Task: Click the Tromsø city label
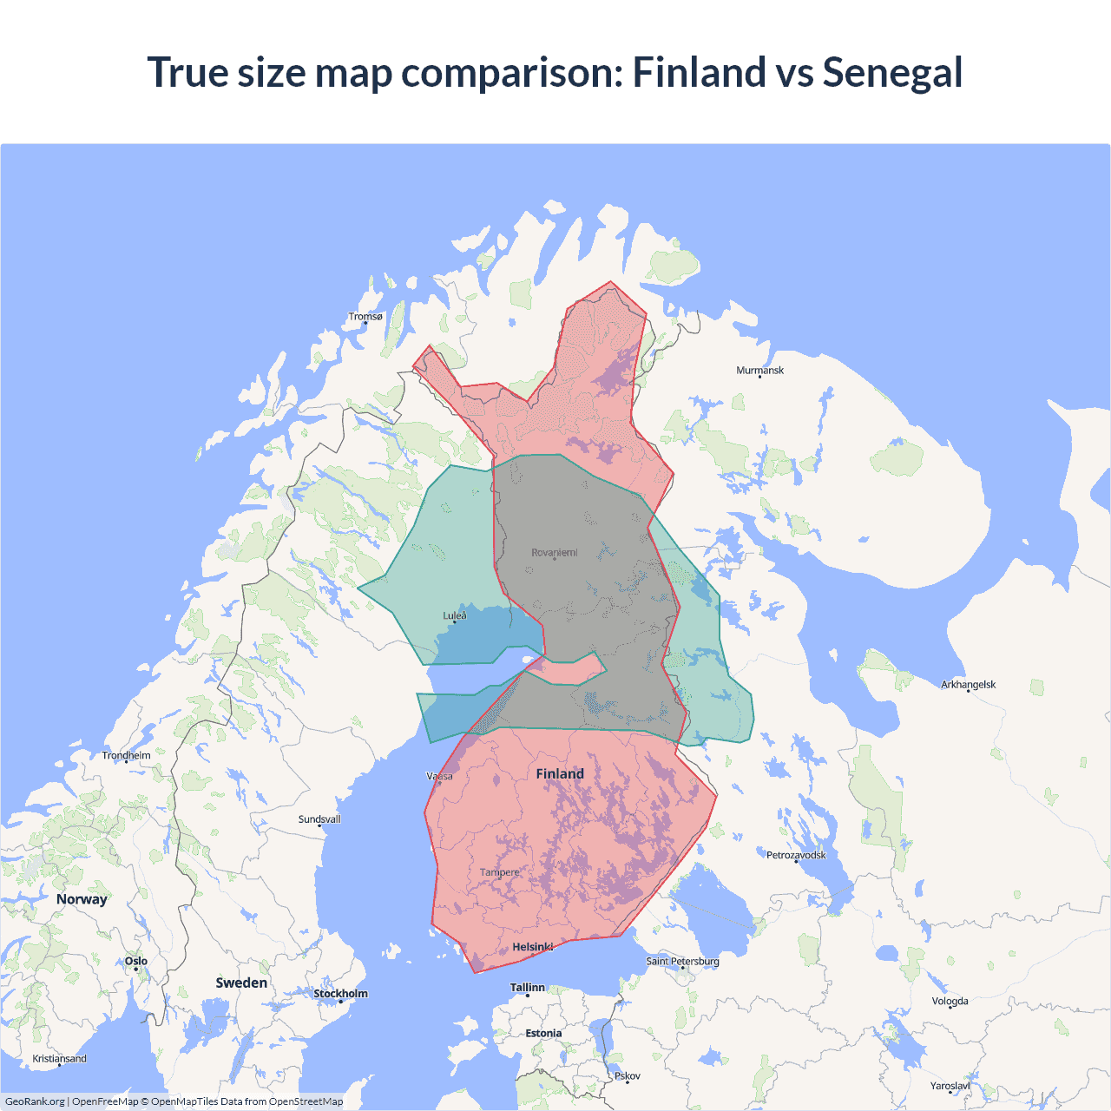tap(365, 317)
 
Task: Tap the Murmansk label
tap(759, 371)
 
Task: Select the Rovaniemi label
tap(554, 553)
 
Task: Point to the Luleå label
tap(455, 616)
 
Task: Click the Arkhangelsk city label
tap(968, 685)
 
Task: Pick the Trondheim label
tap(126, 756)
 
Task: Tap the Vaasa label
tap(440, 776)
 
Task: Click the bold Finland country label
tap(560, 774)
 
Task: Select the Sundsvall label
tap(319, 819)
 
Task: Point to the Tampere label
tap(499, 872)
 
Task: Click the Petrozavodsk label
tap(796, 856)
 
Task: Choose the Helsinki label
tap(532, 947)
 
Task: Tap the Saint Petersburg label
tap(682, 962)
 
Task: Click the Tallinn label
tap(528, 988)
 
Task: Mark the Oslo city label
tap(136, 962)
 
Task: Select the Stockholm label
tap(340, 994)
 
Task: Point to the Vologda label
tap(950, 1002)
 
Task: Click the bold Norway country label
tap(82, 899)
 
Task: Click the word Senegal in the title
tap(892, 72)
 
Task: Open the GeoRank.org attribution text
tap(35, 1101)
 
